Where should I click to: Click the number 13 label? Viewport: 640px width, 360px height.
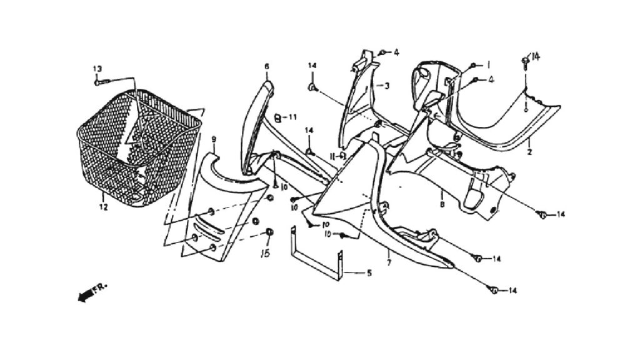97,69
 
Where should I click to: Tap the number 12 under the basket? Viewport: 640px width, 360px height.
104,207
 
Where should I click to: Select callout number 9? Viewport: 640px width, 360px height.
214,139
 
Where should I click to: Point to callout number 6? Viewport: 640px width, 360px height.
266,66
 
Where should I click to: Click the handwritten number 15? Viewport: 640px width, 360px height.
265,254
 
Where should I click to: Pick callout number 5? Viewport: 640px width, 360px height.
369,272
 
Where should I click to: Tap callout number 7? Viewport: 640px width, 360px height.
389,263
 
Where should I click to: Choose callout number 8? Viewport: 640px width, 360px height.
442,204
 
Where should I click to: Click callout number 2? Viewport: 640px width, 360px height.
529,152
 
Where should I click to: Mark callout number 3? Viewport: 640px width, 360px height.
386,86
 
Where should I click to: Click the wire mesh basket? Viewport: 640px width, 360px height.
139,147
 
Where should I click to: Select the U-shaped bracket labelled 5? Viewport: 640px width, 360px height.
317,253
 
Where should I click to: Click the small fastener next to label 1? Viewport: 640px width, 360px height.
473,65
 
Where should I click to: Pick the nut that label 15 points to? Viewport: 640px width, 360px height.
269,232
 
